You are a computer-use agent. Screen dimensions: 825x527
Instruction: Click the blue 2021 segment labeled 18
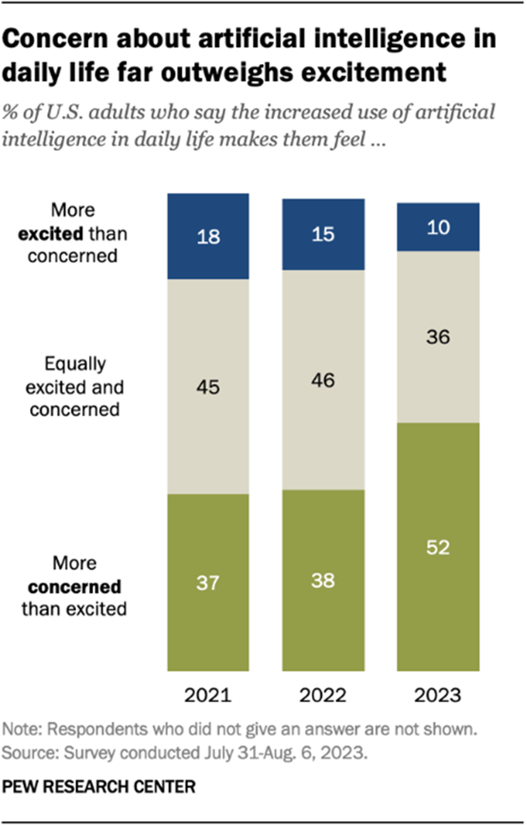coord(208,236)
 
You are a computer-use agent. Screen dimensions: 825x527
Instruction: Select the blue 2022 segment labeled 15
coord(323,234)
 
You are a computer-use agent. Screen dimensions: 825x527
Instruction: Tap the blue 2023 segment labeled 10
coord(438,227)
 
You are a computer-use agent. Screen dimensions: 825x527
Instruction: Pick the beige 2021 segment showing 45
coord(208,386)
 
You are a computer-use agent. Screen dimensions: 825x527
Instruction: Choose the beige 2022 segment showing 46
coord(323,380)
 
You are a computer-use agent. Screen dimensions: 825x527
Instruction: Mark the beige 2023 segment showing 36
coord(438,336)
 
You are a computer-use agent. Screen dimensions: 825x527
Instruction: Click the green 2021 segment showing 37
coord(208,582)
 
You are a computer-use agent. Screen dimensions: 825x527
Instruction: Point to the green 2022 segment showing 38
coord(323,580)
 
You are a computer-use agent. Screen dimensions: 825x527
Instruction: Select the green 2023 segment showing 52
coord(438,547)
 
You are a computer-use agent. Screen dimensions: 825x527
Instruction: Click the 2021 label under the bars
coord(208,695)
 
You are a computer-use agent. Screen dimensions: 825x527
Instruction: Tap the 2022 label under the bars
coord(323,695)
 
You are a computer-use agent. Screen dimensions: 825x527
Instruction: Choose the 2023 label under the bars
coord(438,695)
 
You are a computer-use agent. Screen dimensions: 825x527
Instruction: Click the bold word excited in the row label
coord(51,234)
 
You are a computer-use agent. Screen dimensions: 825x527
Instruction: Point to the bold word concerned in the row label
coord(74,587)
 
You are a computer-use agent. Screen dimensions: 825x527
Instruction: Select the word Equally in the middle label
coord(75,364)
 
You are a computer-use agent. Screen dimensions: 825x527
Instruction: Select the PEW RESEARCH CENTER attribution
coord(99,787)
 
